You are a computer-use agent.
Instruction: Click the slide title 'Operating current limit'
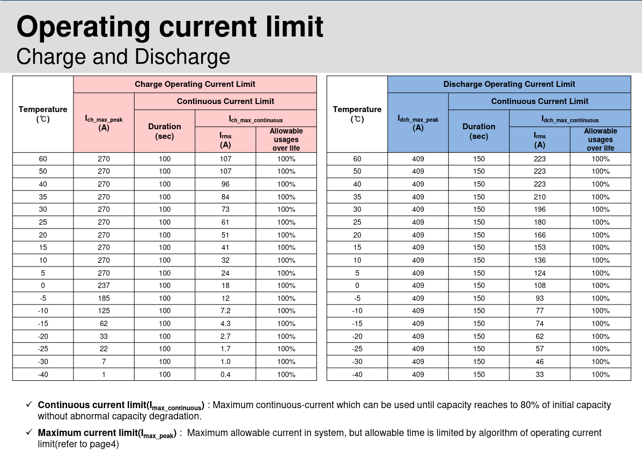pos(170,27)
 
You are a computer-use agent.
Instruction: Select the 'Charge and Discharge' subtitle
pos(123,57)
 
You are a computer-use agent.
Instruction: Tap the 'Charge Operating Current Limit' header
pos(195,84)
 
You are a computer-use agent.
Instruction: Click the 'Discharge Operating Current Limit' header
pos(509,84)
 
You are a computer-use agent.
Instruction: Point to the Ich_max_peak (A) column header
pos(104,123)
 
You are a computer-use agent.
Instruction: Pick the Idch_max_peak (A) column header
pos(418,123)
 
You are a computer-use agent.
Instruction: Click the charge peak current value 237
pos(104,285)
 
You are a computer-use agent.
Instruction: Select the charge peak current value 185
pos(104,298)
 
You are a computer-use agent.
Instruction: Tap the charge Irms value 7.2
pos(225,311)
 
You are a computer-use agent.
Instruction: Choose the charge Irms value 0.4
pos(225,374)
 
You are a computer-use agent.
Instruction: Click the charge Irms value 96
pos(225,184)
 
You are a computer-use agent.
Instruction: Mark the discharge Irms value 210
pos(540,197)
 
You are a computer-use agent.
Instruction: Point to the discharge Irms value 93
pos(540,298)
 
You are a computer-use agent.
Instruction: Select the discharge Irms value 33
pos(540,374)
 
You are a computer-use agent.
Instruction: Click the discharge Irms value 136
pos(540,260)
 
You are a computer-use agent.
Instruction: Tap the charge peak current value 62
pos(104,323)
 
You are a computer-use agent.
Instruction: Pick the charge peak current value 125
pos(104,311)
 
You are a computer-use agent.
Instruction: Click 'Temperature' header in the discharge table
pos(357,109)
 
